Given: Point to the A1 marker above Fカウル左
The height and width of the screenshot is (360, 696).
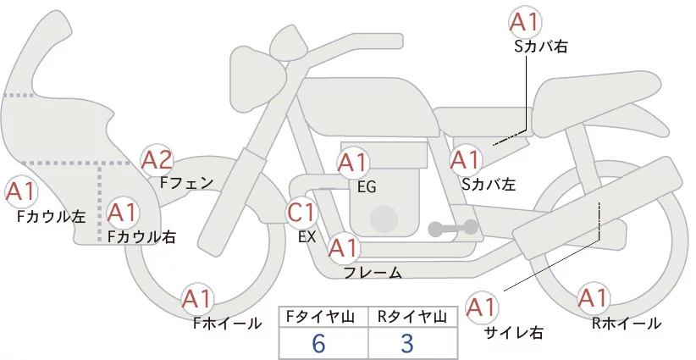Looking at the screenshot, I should [x=21, y=191].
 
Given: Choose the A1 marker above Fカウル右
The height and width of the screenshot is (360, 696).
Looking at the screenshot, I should [x=124, y=212].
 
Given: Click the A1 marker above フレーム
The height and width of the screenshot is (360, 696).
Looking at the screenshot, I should [x=343, y=248].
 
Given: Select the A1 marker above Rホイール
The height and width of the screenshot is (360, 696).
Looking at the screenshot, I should [x=592, y=299].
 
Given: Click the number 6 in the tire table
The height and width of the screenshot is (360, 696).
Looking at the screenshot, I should [x=318, y=343].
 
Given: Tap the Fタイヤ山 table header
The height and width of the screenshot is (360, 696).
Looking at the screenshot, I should [x=323, y=316].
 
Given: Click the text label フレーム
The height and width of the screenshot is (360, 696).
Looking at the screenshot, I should [x=373, y=273].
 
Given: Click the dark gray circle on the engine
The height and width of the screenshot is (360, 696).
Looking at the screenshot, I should [x=384, y=218].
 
